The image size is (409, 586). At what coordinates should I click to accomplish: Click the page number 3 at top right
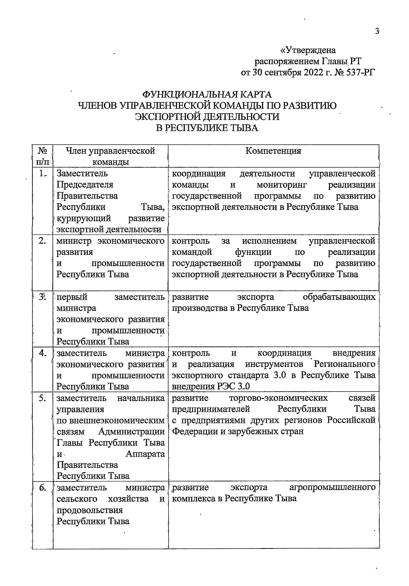tap(377, 31)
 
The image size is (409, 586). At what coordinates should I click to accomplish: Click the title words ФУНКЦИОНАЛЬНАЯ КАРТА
tap(207, 94)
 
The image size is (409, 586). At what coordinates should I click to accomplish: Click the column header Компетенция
tap(273, 151)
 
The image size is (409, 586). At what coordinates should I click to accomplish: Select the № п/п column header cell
tap(43, 156)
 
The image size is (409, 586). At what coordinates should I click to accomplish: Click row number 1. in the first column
tap(43, 173)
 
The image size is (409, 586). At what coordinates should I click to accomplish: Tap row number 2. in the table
tap(43, 241)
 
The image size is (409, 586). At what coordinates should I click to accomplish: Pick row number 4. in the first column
tap(43, 353)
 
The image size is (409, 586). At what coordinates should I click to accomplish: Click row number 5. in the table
tap(43, 398)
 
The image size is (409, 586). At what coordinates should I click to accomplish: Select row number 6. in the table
tap(43, 488)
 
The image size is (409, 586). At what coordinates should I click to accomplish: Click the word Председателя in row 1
tap(85, 185)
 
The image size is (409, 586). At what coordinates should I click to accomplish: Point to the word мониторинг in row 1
tap(282, 185)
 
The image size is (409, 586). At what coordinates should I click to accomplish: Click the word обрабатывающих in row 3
tap(339, 297)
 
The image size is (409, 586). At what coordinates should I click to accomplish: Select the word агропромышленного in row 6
tap(332, 487)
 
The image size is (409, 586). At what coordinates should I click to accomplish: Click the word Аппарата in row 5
tap(145, 454)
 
